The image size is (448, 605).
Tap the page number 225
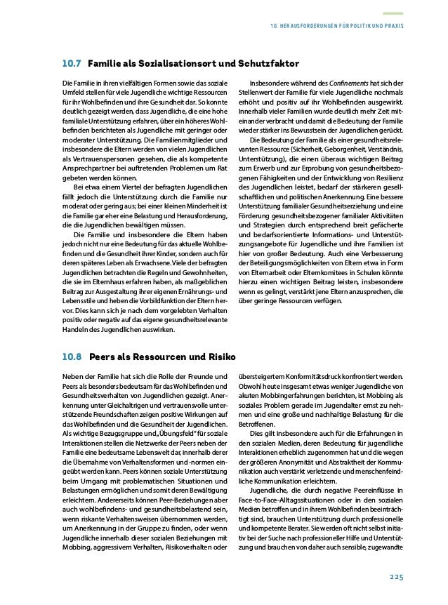pyautogui.click(x=396, y=576)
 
